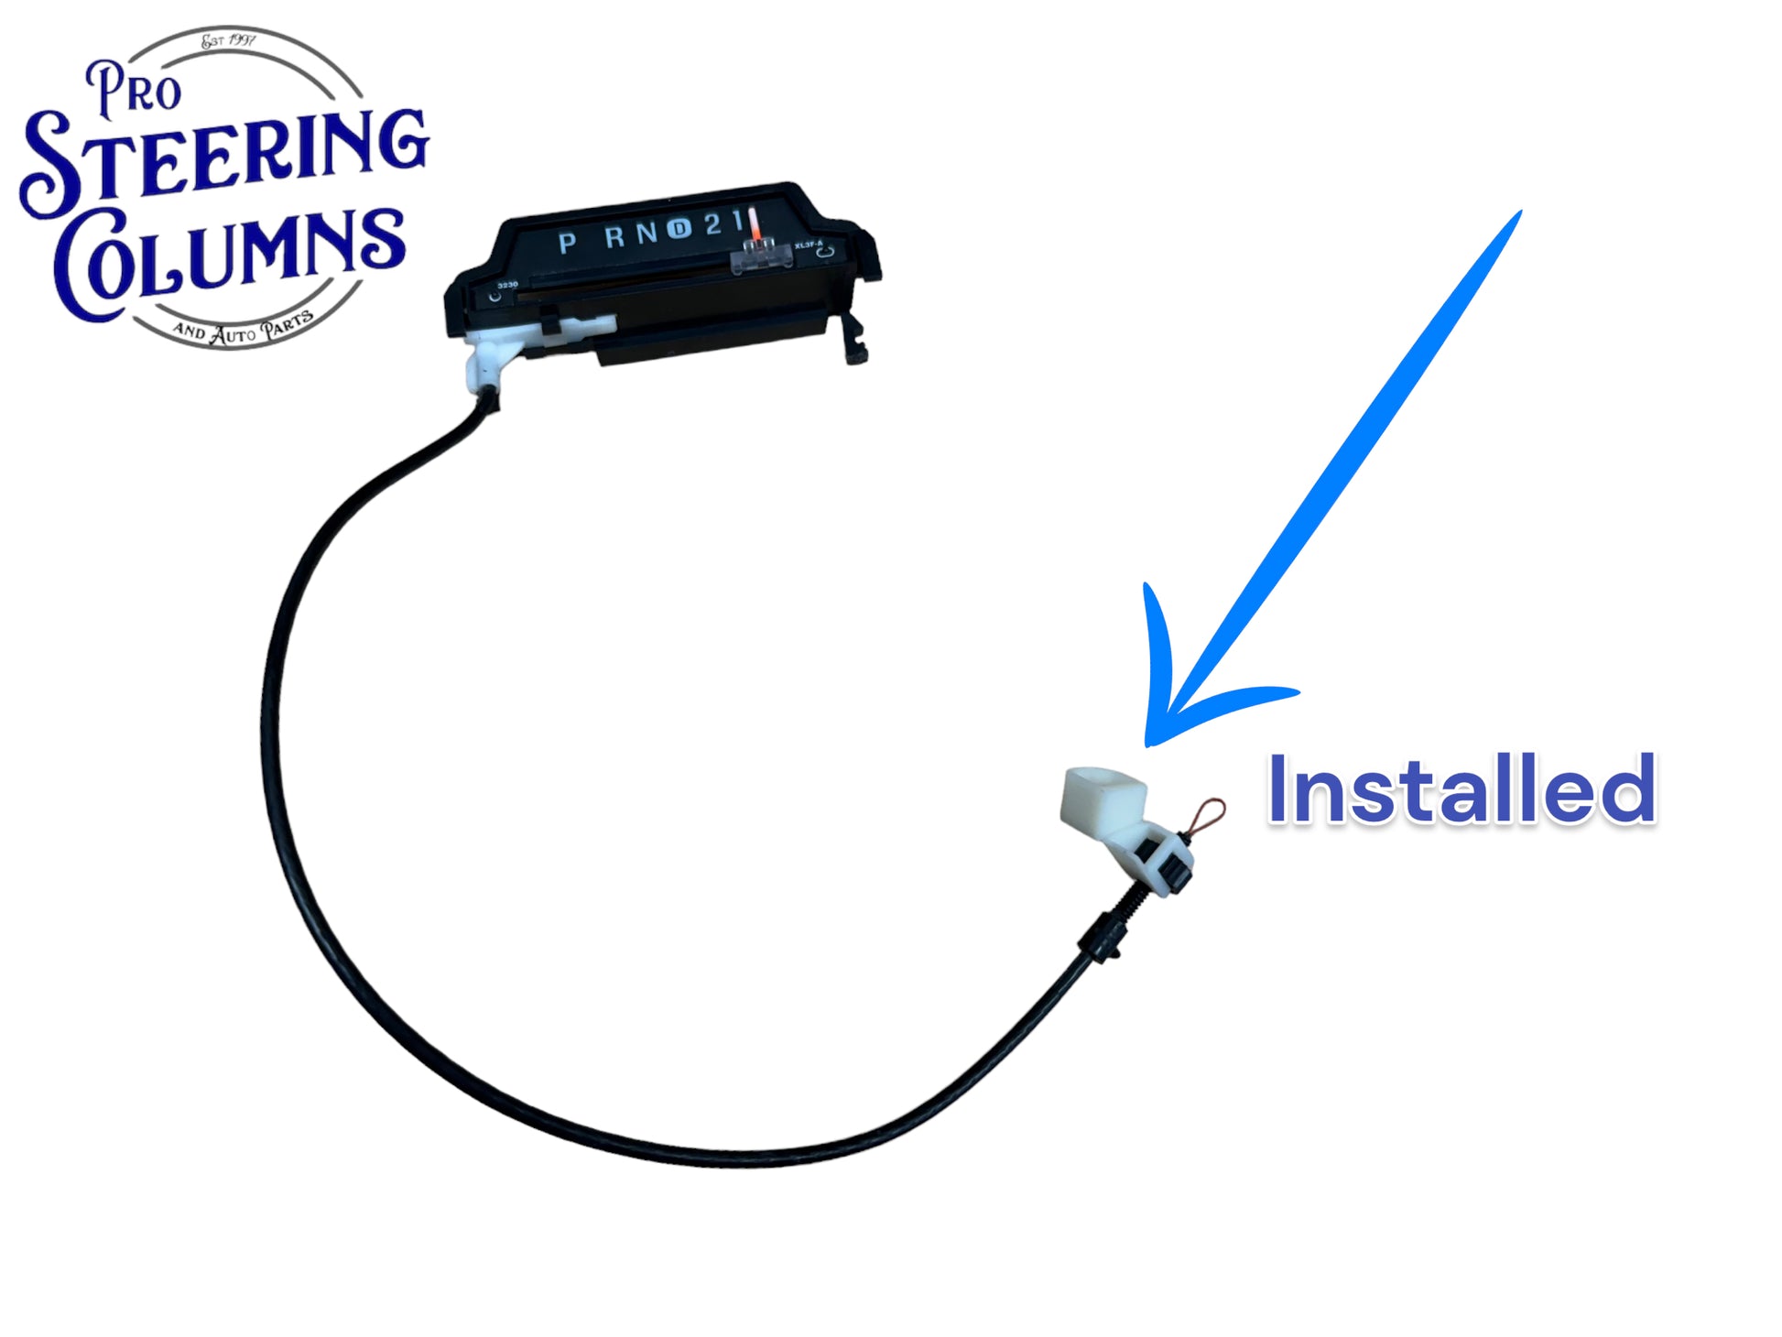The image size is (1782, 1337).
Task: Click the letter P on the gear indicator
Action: pyautogui.click(x=567, y=243)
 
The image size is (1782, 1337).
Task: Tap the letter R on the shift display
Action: pyautogui.click(x=615, y=237)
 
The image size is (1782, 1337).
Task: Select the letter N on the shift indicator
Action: pyautogui.click(x=647, y=233)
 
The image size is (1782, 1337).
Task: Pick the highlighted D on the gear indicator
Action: pyautogui.click(x=678, y=228)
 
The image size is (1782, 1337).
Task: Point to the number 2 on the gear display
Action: pyautogui.click(x=712, y=224)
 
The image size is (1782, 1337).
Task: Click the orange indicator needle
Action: pyautogui.click(x=755, y=224)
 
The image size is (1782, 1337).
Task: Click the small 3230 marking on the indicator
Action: pyautogui.click(x=507, y=285)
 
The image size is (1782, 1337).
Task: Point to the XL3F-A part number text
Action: pyautogui.click(x=809, y=245)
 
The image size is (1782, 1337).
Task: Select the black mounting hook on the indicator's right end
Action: pyautogui.click(x=855, y=340)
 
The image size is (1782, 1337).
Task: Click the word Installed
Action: pyautogui.click(x=1461, y=790)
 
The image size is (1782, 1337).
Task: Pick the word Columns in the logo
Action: pyautogui.click(x=229, y=261)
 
